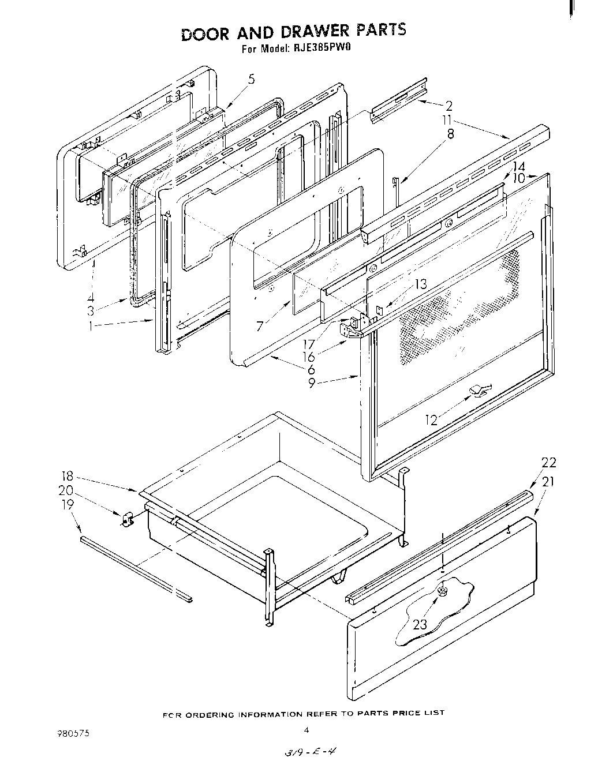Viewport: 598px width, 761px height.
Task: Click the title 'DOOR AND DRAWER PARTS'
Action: coord(293,32)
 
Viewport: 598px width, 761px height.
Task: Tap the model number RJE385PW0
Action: coord(320,48)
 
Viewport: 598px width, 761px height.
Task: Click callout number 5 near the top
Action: coord(251,80)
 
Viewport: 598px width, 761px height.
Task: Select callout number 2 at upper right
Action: coord(448,106)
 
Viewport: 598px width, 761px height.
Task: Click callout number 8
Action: coord(450,134)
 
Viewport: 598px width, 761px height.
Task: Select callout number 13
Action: coord(421,283)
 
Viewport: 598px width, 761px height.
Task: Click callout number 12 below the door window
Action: coord(432,421)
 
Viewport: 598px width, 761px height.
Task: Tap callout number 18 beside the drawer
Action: coord(68,477)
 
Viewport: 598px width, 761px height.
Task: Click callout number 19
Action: coord(68,504)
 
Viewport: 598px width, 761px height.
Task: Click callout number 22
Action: coord(548,462)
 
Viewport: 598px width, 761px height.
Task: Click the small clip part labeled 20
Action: coord(127,518)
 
